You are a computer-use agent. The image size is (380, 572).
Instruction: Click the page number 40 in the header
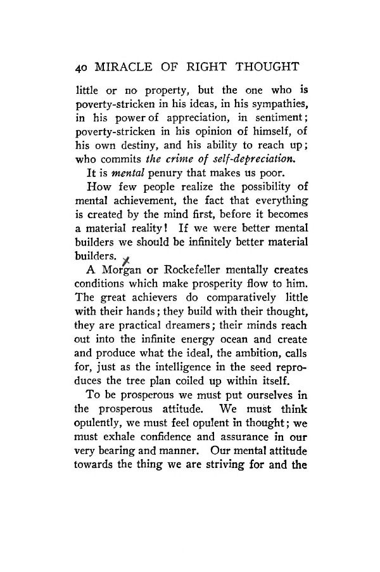point(81,68)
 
